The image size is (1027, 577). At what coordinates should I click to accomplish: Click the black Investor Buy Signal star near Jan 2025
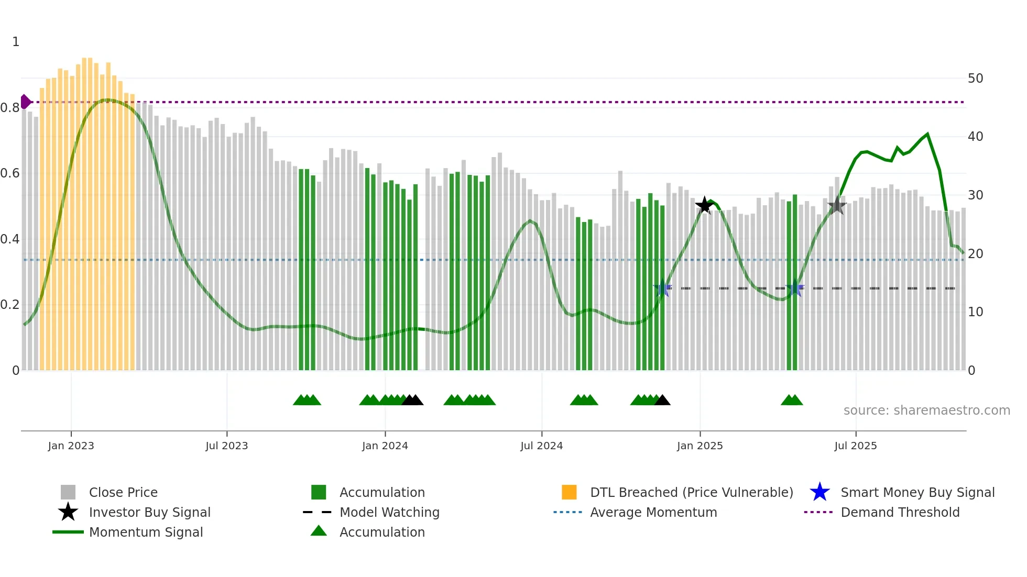(x=704, y=206)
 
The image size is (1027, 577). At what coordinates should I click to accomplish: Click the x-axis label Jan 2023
(x=71, y=446)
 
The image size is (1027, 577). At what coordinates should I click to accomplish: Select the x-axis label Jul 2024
(x=541, y=446)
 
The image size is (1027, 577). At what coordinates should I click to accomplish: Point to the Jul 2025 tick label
(x=855, y=446)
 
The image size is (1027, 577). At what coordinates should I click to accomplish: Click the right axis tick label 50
(x=975, y=79)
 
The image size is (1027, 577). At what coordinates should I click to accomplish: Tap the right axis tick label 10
(x=975, y=312)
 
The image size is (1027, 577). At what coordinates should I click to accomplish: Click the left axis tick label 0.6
(x=10, y=173)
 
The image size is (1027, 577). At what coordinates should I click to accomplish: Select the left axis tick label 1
(x=16, y=42)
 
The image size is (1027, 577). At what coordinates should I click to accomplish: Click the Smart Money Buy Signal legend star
(x=820, y=492)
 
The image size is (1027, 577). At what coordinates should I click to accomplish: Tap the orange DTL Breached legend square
(x=569, y=492)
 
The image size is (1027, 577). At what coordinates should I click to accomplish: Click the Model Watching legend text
(x=389, y=512)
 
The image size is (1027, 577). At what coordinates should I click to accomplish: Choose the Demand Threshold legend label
(x=900, y=512)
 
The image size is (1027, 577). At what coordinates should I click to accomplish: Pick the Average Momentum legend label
(x=653, y=512)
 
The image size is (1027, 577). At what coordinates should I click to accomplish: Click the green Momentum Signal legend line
(x=68, y=532)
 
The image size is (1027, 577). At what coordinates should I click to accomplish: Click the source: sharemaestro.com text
(x=926, y=410)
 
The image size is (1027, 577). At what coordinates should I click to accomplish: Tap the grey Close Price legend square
(x=68, y=492)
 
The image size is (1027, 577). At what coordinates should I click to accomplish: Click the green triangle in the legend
(x=319, y=531)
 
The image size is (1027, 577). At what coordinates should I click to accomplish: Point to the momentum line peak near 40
(x=927, y=134)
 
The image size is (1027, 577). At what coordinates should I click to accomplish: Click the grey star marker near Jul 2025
(x=837, y=205)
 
